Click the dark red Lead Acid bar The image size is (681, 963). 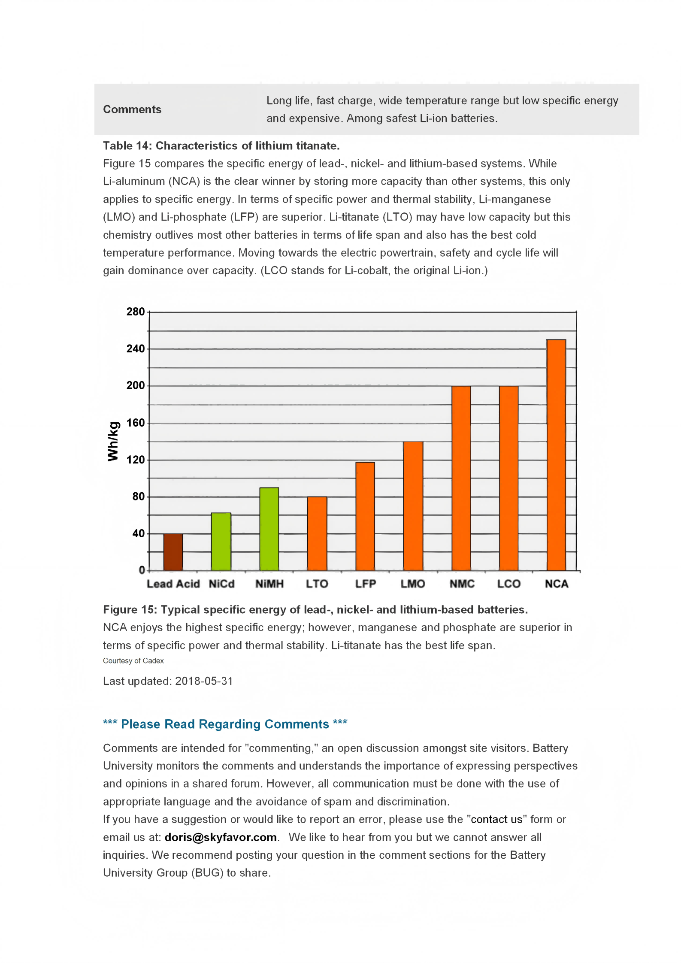tap(173, 552)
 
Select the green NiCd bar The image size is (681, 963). tap(221, 542)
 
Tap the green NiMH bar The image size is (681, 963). tap(269, 529)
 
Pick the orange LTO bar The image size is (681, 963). tap(317, 533)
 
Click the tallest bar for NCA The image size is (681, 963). tap(556, 455)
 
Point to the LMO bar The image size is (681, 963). tap(413, 506)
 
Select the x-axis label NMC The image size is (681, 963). tap(462, 584)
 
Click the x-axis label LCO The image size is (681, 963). tap(508, 584)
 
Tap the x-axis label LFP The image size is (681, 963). tap(365, 584)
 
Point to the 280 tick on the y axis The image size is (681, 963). tap(135, 312)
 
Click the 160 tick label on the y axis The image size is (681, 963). tap(135, 423)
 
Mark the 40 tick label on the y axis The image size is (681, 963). tap(138, 533)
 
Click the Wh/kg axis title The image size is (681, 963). tap(113, 441)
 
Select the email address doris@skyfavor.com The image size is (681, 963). tap(221, 837)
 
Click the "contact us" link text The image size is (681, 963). tap(496, 819)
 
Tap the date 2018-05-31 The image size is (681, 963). tap(204, 681)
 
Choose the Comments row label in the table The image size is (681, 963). tap(132, 109)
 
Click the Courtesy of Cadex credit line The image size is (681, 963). tap(133, 660)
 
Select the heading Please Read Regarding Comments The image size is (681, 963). tap(225, 724)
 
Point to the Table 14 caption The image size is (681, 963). tap(221, 145)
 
